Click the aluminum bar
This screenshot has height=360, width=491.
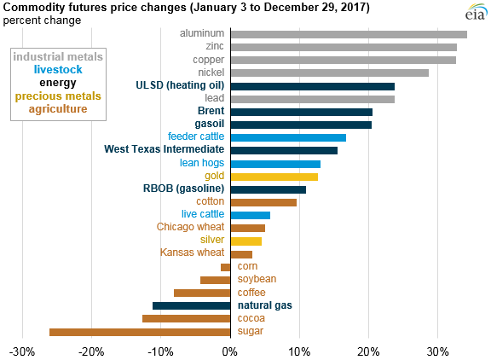pos(349,34)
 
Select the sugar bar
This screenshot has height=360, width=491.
pos(140,331)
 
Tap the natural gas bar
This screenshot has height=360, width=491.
pos(191,305)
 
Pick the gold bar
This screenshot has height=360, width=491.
pos(274,177)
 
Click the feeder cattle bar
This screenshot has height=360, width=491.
pos(288,137)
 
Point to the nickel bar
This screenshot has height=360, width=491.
pos(329,73)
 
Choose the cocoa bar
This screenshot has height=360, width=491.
pos(186,318)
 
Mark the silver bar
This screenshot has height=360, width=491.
pos(245,241)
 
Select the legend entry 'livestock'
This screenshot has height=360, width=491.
pos(58,70)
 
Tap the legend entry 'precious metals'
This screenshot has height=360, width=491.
pos(58,96)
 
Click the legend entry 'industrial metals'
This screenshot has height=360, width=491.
pos(58,57)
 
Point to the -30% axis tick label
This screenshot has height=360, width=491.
pos(22,351)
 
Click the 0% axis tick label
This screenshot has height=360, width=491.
pos(230,351)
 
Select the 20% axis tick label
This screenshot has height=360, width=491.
pos(368,351)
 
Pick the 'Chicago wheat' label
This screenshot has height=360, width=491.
pos(191,228)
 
